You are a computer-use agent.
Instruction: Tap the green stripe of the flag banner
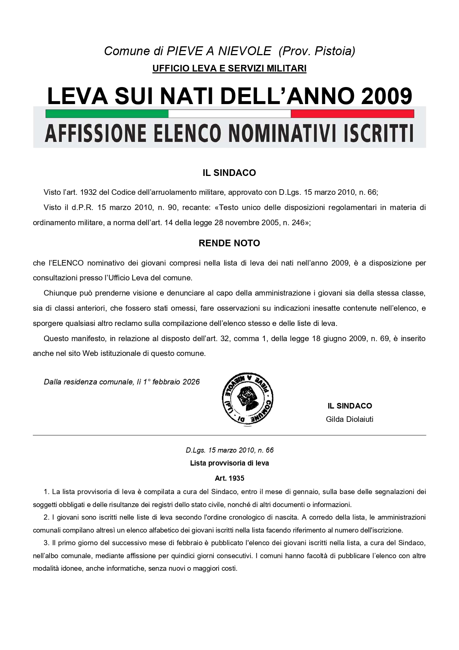(107, 114)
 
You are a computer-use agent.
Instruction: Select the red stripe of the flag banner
(352, 114)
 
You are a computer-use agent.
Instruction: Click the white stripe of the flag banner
(229, 114)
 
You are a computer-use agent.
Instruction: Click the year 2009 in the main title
(387, 96)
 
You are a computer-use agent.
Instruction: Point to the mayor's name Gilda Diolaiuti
(350, 419)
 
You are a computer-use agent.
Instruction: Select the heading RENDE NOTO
(229, 243)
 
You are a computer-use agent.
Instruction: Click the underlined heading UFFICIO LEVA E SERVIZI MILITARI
(229, 69)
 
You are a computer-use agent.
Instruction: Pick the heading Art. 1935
(229, 478)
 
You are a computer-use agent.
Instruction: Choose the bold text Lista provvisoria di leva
(229, 463)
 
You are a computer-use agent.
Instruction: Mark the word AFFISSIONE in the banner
(96, 134)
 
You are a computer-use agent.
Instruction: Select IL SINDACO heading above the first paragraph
(229, 173)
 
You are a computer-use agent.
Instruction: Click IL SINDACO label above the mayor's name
(350, 406)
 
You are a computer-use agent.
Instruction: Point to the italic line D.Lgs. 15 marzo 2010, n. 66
(229, 450)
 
